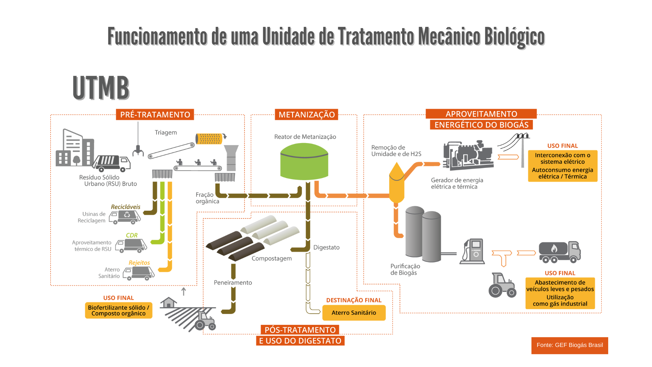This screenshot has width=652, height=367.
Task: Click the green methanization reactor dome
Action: point(304,161)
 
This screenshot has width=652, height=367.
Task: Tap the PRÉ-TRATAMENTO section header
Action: point(155,115)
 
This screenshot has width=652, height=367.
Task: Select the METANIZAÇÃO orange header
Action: point(306,115)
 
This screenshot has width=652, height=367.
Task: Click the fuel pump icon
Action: point(472,251)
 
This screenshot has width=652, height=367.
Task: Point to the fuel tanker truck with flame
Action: point(560,252)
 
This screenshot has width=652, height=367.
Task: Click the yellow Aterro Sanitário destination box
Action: point(354,313)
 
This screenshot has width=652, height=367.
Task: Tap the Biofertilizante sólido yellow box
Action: point(119,310)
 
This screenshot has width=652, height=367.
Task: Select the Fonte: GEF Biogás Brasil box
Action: point(569,345)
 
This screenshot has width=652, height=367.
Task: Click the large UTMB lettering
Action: point(101,88)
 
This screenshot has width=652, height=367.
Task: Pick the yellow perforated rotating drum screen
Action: point(209,139)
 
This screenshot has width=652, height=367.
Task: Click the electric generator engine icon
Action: point(468,155)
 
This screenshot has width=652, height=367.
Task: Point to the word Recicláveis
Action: point(125,207)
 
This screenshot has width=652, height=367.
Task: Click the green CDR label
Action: point(132,235)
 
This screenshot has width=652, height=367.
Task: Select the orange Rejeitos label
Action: point(139,263)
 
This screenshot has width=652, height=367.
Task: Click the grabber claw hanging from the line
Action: point(138,150)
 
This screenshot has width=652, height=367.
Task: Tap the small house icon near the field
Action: point(168,302)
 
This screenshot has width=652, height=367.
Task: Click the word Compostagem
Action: point(272,258)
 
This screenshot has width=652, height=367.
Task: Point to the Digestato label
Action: point(326,247)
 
